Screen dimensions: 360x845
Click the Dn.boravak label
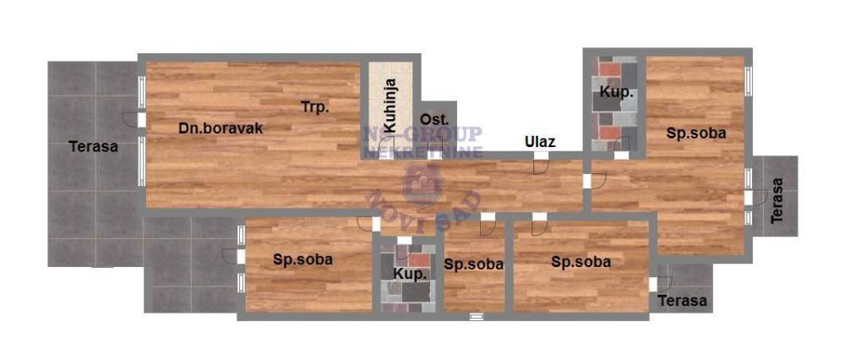click(x=221, y=128)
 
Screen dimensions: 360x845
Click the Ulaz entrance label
click(x=539, y=141)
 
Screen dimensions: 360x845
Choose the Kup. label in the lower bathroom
click(x=409, y=275)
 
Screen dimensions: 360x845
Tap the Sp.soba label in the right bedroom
click(x=696, y=133)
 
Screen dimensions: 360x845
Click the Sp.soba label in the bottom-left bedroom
click(x=303, y=259)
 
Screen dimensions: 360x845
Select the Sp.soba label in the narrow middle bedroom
click(x=473, y=264)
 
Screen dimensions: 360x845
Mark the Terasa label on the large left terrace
click(x=93, y=146)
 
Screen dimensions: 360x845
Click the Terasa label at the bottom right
click(x=683, y=301)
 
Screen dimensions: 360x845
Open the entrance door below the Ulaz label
click(x=539, y=166)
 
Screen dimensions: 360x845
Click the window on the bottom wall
click(x=477, y=318)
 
